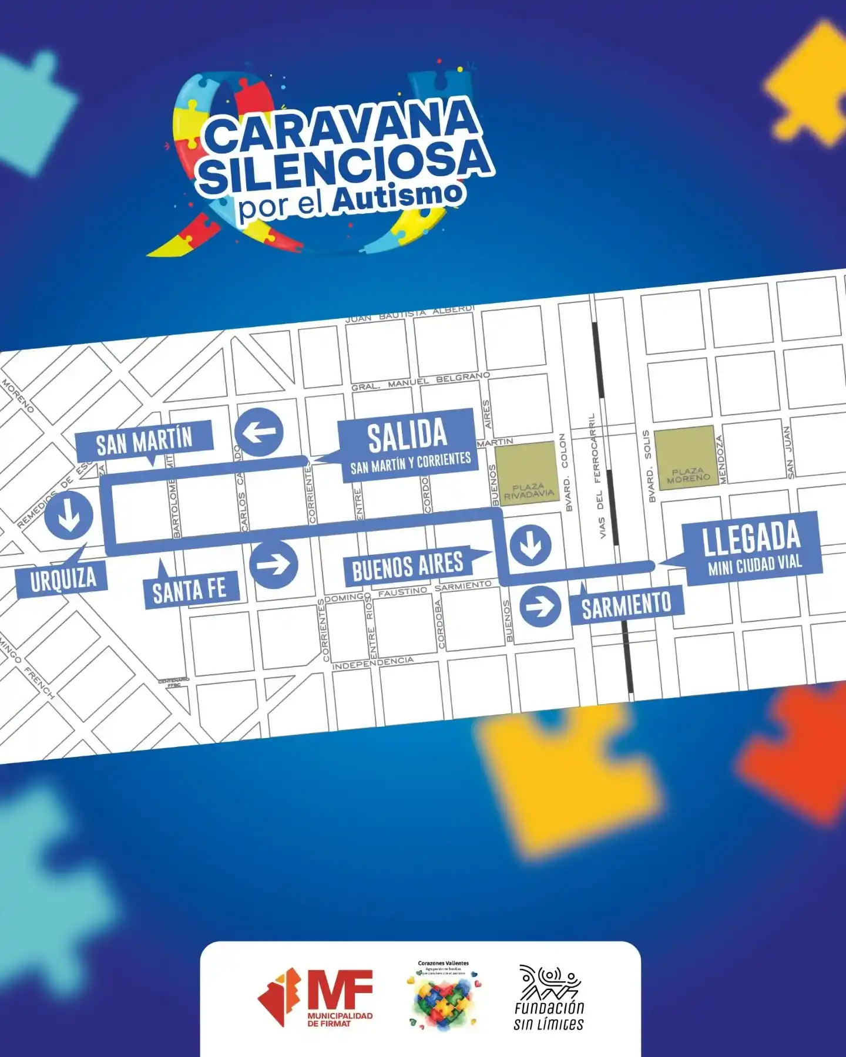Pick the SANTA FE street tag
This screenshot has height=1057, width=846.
[x=190, y=590]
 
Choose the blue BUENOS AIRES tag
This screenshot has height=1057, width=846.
[x=408, y=566]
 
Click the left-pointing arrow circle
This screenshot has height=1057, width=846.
[x=258, y=433]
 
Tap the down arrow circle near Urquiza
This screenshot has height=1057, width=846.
[x=69, y=515]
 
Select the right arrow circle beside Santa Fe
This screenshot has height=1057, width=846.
[x=274, y=564]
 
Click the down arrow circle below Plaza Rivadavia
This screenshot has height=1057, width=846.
[x=531, y=544]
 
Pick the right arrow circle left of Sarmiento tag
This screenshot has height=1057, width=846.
[x=540, y=606]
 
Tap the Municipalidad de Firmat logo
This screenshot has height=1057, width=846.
[x=315, y=998]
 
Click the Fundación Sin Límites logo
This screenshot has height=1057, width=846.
[x=549, y=998]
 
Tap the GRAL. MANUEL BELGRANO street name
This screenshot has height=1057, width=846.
[x=420, y=381]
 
